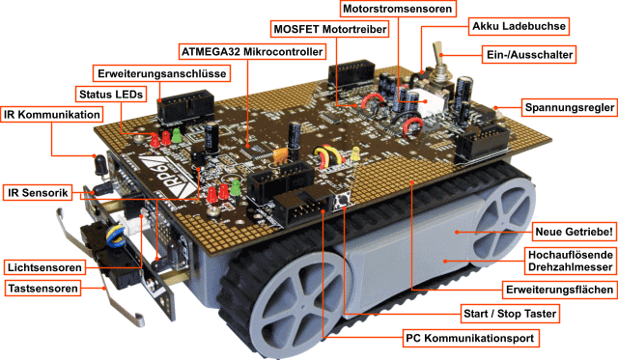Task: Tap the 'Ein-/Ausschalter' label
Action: tap(525, 55)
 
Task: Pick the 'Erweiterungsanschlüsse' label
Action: tap(161, 72)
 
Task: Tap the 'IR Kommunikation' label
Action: tap(50, 114)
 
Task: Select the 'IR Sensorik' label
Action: tap(38, 194)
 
